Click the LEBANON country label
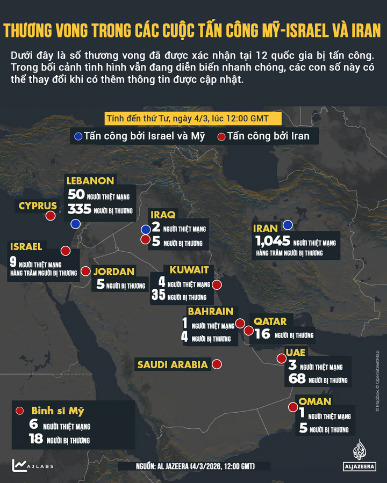point(90,181)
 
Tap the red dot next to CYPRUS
point(51,216)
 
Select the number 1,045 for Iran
point(273,241)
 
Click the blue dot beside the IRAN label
point(288,225)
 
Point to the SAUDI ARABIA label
point(173,365)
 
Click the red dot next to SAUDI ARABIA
point(217,364)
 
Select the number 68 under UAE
point(297,379)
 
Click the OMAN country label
point(314,401)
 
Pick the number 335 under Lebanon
point(79,210)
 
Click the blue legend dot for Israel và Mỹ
point(78,136)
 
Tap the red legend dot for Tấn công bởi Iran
point(221,136)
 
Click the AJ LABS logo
point(33,465)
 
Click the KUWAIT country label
point(192,270)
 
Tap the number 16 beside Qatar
point(262,334)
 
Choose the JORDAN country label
point(114,272)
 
